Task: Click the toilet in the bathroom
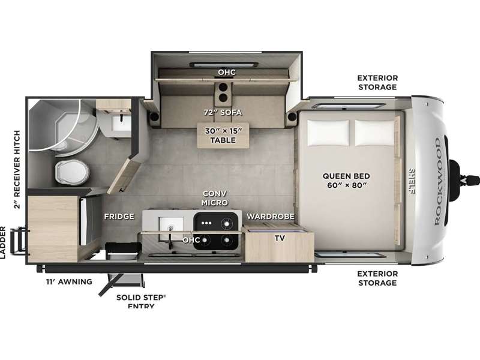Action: [72, 172]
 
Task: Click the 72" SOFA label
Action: [223, 113]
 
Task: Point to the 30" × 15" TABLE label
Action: [223, 136]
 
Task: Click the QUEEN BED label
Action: [346, 181]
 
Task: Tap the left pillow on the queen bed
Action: [328, 133]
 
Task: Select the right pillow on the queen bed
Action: [375, 133]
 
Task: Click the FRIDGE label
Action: [119, 217]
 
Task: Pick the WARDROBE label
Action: [271, 217]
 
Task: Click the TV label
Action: [280, 238]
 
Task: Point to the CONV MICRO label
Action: [215, 198]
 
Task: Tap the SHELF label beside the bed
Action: [412, 181]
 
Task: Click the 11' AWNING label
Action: [69, 281]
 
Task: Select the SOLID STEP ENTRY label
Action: [141, 302]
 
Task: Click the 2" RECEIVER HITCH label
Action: [17, 170]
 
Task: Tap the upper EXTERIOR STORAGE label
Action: [378, 82]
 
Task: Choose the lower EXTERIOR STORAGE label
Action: [378, 278]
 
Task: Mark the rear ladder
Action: [18, 241]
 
